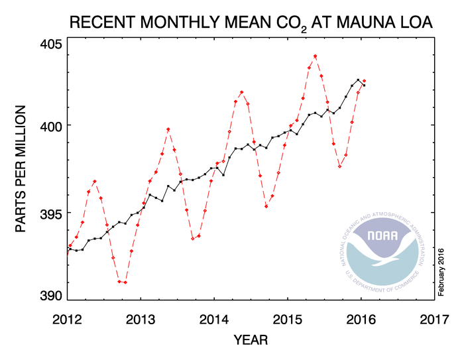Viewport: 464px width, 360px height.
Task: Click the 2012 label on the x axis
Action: click(67, 318)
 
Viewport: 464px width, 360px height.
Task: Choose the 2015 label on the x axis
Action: click(288, 318)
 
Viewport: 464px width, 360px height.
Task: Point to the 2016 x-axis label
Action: click(362, 318)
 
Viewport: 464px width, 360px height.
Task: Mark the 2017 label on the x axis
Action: click(435, 318)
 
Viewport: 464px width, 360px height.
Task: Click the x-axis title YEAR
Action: click(251, 341)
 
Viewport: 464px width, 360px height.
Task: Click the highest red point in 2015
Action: click(315, 56)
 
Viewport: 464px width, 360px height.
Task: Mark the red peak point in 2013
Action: click(168, 129)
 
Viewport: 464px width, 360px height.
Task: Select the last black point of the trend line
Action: click(363, 85)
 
